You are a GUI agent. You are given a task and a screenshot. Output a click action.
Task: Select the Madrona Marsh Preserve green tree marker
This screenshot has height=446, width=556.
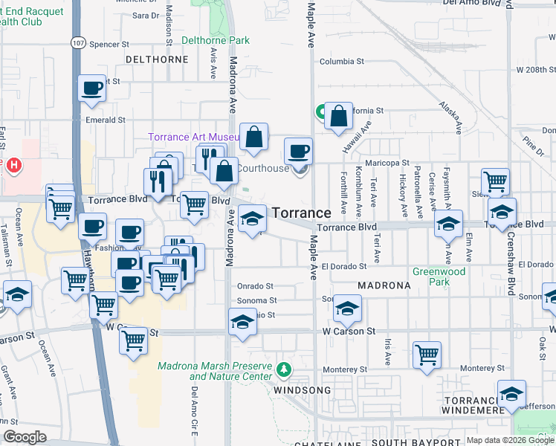point(282,369)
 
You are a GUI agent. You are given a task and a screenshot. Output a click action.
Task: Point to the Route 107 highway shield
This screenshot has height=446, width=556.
point(77,43)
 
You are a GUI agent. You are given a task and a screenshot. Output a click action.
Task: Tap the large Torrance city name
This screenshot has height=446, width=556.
point(301,213)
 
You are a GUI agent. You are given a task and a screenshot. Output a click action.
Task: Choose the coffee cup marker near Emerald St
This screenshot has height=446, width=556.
point(92,88)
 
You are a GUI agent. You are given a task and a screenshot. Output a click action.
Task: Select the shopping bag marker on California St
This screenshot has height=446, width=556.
point(338,116)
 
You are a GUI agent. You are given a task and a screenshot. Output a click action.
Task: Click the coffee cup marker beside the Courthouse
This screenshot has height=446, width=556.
point(299,151)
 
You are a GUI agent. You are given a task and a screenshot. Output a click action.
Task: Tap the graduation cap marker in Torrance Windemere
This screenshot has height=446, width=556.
point(511,394)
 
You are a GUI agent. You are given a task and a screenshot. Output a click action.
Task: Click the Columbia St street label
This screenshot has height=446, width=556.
point(342,62)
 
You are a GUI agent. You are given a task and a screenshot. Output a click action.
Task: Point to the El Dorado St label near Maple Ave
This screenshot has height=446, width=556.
point(344,266)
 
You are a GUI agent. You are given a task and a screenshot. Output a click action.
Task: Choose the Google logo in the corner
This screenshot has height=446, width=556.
point(24,437)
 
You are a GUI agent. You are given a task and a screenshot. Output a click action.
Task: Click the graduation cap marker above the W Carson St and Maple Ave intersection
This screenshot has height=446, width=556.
point(347,308)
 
